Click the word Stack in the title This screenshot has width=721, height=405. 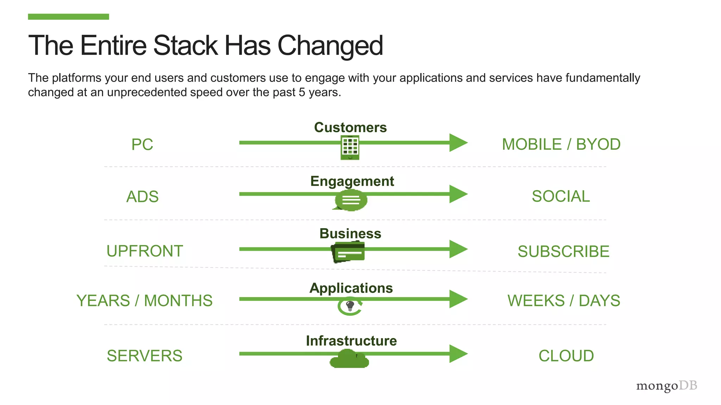tap(186, 45)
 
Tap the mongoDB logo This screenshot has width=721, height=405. tap(666, 386)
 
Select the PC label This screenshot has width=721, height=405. tap(142, 144)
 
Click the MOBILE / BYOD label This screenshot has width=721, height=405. tap(561, 144)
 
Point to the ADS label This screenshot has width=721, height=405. tap(142, 197)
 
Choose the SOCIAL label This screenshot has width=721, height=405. tap(560, 196)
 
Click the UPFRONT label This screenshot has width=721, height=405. tap(145, 251)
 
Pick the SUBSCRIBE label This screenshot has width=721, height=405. tap(563, 251)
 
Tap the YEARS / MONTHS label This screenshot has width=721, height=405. tap(144, 301)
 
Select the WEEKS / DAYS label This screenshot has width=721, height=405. tap(564, 301)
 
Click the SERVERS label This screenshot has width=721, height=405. tap(144, 356)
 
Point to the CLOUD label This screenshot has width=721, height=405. tap(566, 356)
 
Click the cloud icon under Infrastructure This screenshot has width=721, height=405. tap(349, 360)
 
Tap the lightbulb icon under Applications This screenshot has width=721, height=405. tap(350, 306)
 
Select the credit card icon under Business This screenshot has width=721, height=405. tap(348, 252)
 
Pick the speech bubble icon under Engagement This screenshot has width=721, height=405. tap(351, 200)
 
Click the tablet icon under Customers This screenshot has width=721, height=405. tap(350, 148)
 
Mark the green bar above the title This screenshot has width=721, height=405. tap(68, 17)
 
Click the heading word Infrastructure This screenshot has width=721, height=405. tap(351, 341)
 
